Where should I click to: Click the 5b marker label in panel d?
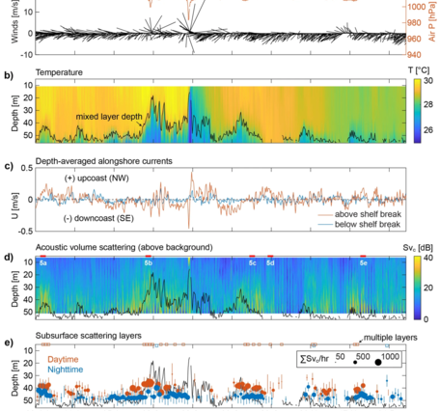click(x=148, y=262)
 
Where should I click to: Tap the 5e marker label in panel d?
click(x=363, y=262)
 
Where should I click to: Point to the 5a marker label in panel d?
click(x=42, y=262)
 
